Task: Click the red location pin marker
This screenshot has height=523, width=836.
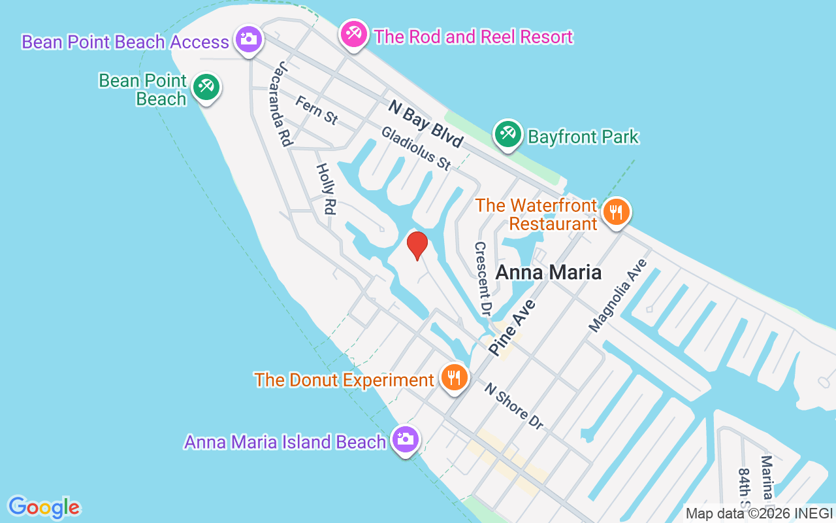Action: pyautogui.click(x=417, y=245)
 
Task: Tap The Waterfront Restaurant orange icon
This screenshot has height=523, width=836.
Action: pyautogui.click(x=615, y=212)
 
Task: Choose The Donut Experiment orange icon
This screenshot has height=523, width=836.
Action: pyautogui.click(x=453, y=378)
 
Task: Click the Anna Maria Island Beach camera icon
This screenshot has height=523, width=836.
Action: pyautogui.click(x=406, y=439)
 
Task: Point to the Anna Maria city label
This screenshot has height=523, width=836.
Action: pyautogui.click(x=549, y=272)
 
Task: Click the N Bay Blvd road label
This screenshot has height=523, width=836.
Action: pyautogui.click(x=425, y=123)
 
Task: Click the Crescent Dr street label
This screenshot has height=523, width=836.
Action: pyautogui.click(x=482, y=278)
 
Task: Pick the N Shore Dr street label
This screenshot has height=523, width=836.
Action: pyautogui.click(x=513, y=406)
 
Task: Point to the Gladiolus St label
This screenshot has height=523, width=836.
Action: pyautogui.click(x=416, y=148)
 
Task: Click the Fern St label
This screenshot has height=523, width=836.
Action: pyautogui.click(x=317, y=110)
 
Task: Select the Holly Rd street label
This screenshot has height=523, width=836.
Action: pyautogui.click(x=325, y=188)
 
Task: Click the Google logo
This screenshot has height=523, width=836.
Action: pyautogui.click(x=44, y=507)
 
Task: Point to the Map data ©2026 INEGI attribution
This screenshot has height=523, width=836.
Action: pyautogui.click(x=759, y=514)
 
